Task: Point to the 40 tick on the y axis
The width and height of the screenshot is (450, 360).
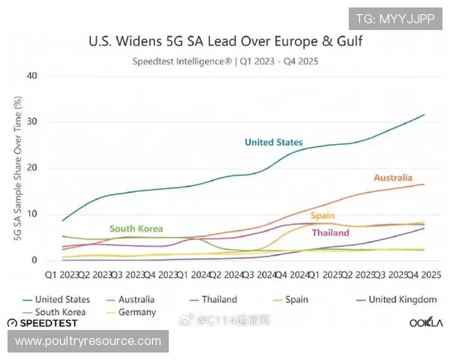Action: pyautogui.click(x=31, y=76)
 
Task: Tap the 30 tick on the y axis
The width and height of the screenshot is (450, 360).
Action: pyautogui.click(x=31, y=122)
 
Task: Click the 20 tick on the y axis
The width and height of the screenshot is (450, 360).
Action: pyautogui.click(x=31, y=168)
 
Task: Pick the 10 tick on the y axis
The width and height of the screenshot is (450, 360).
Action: pyautogui.click(x=31, y=214)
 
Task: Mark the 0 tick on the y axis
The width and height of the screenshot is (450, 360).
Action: pyautogui.click(x=34, y=260)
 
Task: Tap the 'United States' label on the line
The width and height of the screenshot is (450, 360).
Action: pyautogui.click(x=274, y=142)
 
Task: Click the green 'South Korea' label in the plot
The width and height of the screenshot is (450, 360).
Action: pyautogui.click(x=136, y=229)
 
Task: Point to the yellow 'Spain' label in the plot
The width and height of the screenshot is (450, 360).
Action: pyautogui.click(x=322, y=216)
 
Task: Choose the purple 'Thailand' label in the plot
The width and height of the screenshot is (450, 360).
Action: pyautogui.click(x=330, y=232)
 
